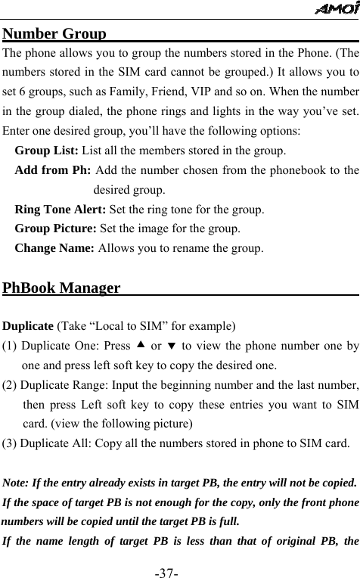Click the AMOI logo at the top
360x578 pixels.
point(337,9)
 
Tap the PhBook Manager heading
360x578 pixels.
point(62,288)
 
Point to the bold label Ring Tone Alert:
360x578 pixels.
point(61,209)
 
